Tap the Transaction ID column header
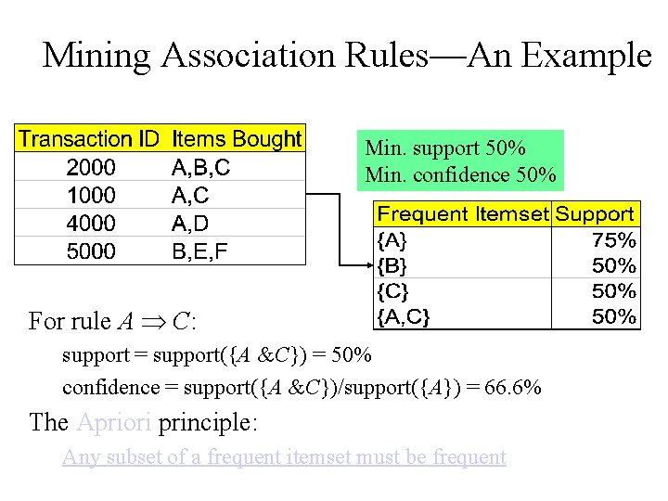(89, 140)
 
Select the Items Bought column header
(237, 140)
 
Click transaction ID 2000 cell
(90, 168)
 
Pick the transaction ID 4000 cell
(90, 224)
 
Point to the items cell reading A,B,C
(201, 168)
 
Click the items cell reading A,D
(190, 224)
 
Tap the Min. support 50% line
(445, 148)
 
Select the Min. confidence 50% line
(461, 174)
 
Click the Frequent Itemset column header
(462, 214)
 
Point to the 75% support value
(614, 240)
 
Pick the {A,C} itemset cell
(403, 317)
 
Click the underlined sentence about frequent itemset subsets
(284, 457)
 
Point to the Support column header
(595, 214)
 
